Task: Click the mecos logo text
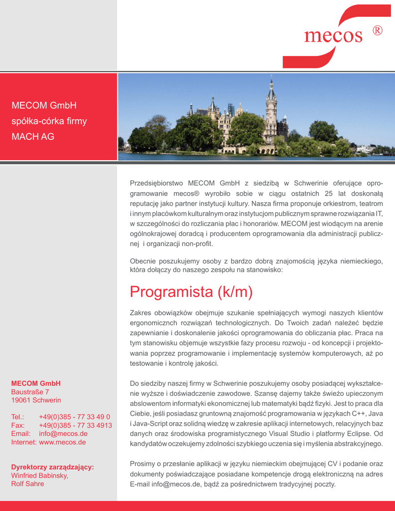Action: click(333, 36)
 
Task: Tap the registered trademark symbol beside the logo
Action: click(377, 31)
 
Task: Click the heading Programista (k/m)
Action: click(191, 292)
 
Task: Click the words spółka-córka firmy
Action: click(49, 121)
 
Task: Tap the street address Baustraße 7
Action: click(30, 392)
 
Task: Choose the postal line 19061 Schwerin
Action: click(36, 400)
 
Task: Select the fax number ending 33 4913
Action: click(75, 425)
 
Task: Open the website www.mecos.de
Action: click(62, 442)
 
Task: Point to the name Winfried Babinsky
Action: click(39, 476)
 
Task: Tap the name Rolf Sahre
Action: click(27, 484)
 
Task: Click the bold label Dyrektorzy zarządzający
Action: click(52, 467)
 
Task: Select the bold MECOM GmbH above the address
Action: click(35, 383)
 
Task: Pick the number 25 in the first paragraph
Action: click(328, 193)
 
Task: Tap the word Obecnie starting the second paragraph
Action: click(143, 261)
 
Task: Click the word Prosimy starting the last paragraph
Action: click(142, 464)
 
